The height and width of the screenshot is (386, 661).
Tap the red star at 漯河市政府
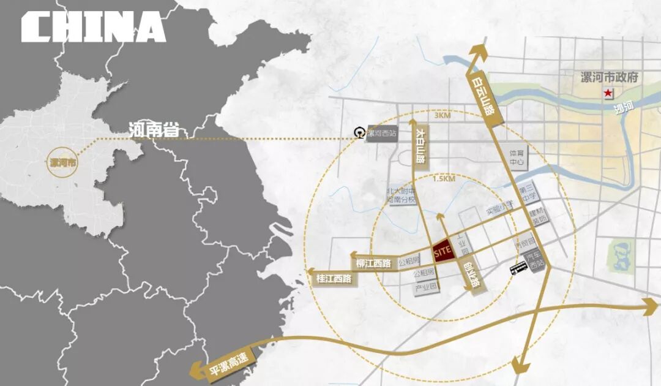pyautogui.click(x=608, y=93)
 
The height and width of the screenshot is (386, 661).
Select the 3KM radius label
pyautogui.click(x=441, y=115)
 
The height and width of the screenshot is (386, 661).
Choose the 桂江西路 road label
pyautogui.click(x=334, y=278)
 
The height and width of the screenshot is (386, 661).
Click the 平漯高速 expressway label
pyautogui.click(x=228, y=366)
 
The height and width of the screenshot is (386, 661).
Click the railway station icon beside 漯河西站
pyautogui.click(x=360, y=132)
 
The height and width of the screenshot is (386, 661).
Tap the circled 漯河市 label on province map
pyautogui.click(x=63, y=164)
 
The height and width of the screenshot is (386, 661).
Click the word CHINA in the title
pyautogui.click(x=93, y=27)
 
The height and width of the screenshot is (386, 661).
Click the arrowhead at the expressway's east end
pyautogui.click(x=650, y=306)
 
